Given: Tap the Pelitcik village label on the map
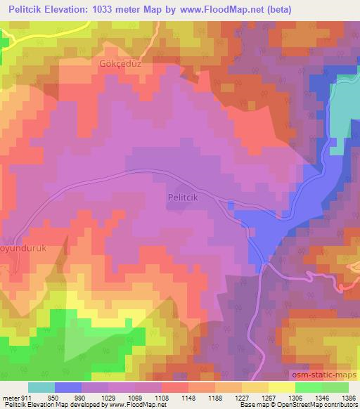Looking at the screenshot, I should click(186, 199).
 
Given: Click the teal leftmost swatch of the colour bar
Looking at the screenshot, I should click(41, 387).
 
